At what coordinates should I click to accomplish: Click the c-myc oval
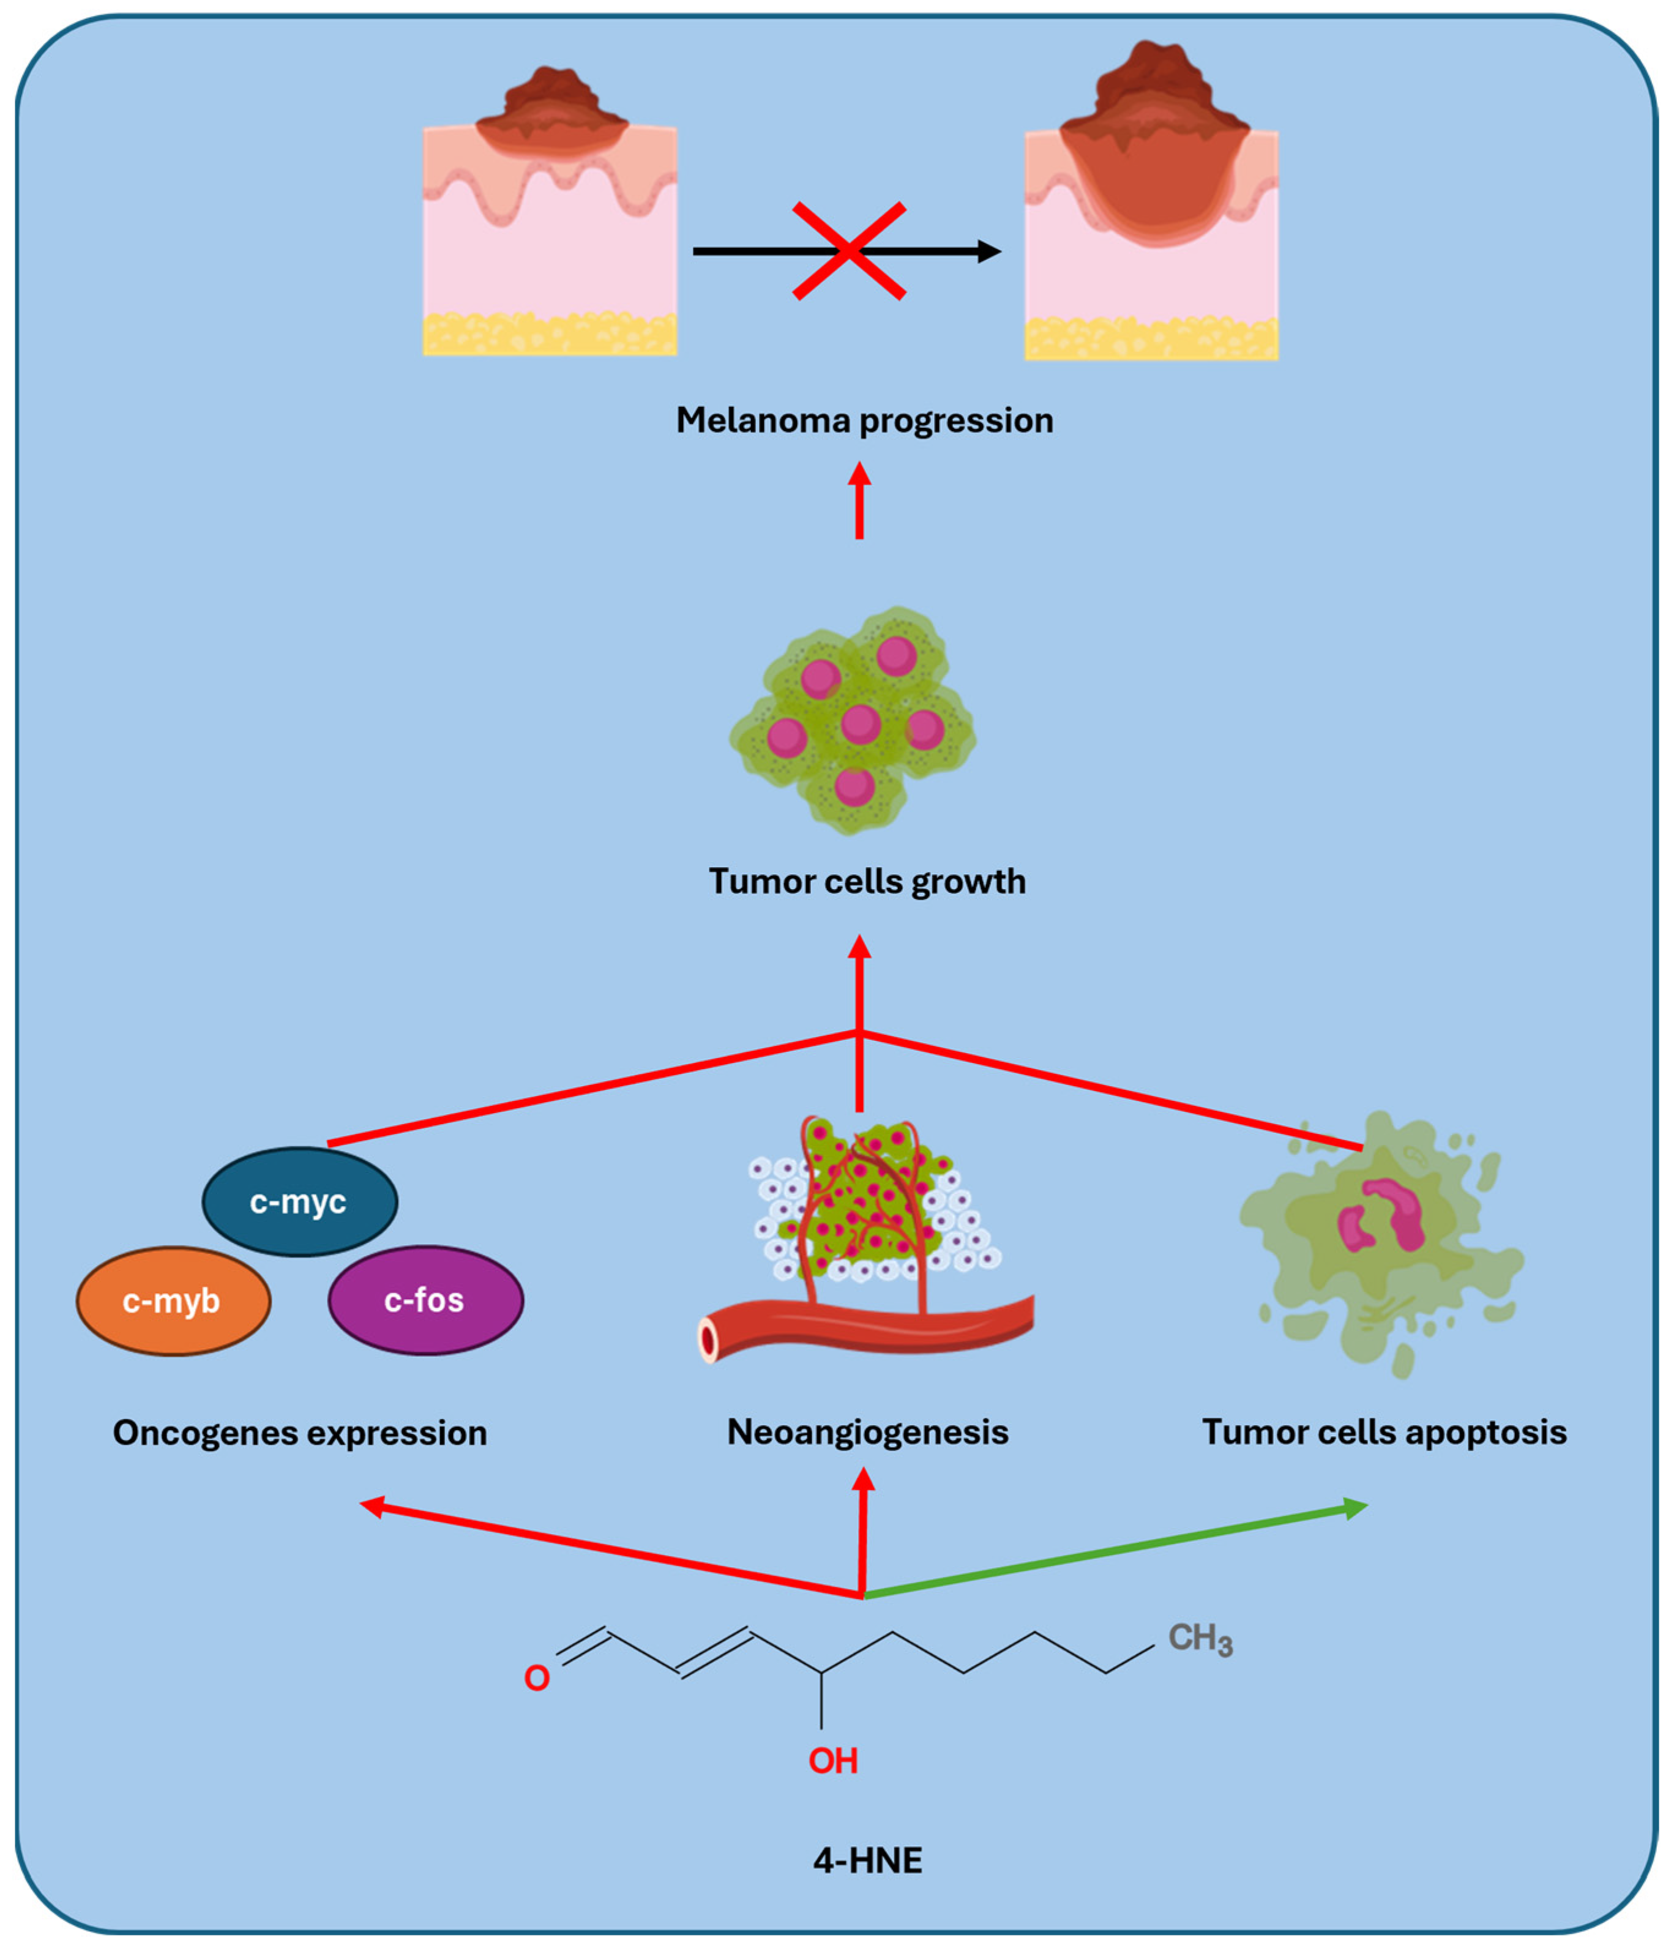299,1201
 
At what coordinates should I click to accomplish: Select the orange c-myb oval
173,1301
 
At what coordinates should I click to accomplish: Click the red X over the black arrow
849,251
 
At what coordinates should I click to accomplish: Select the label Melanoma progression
864,420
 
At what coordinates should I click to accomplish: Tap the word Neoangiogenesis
867,1433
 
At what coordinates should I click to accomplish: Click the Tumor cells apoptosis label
1383,1433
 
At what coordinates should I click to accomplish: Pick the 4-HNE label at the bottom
867,1861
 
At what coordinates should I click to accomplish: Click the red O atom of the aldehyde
536,1678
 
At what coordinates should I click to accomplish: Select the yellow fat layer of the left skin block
550,334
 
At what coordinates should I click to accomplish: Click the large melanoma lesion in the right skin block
1154,179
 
